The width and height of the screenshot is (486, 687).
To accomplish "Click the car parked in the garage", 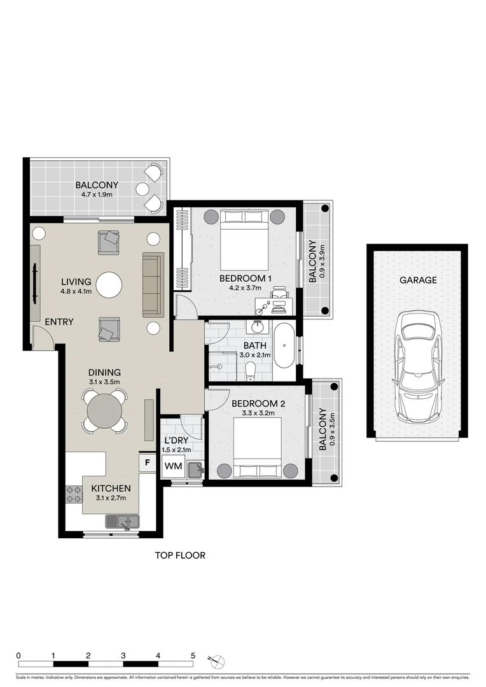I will [417, 365].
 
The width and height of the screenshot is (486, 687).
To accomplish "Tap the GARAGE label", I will [418, 280].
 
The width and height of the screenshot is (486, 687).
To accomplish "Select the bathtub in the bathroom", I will [284, 345].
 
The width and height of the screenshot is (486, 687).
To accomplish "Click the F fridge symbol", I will [147, 462].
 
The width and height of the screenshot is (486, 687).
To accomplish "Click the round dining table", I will [104, 412].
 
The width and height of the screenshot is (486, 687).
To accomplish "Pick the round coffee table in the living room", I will [109, 284].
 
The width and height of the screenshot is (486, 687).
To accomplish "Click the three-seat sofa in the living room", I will [153, 284].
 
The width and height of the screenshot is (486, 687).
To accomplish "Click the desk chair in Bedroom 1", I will [279, 295].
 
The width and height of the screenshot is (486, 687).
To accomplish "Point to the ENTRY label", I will [59, 322].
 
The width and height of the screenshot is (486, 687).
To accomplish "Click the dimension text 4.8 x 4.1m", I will [76, 293].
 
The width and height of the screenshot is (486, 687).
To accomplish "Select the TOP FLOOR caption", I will [180, 555].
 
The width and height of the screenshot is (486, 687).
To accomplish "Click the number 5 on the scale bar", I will [193, 655].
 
